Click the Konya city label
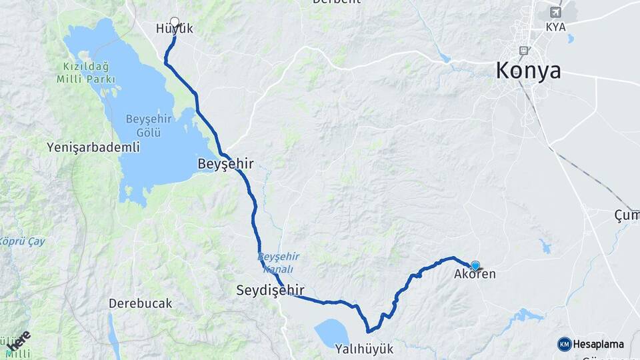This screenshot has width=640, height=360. pos(527,71)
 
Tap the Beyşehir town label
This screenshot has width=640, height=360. pos(225,163)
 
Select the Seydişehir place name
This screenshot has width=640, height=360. pos(270,290)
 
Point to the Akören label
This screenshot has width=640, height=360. pos(475,274)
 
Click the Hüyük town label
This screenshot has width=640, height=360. pos(174,29)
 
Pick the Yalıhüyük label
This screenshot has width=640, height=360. pos(364,349)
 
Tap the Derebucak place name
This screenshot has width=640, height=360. pos(141,303)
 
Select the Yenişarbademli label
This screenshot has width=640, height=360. pos(93,147)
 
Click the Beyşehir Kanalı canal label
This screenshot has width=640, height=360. pos(278,263)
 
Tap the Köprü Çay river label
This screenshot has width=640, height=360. pos(23,241)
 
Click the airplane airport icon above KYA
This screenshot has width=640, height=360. pos(555,12)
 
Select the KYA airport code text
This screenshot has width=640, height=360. pos(555,27)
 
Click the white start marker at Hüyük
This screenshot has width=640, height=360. pos(175,21)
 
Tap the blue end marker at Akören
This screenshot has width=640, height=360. pos(475,265)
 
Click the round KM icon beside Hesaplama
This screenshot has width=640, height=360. pos(564,344)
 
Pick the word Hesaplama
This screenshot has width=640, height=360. pos(598,344)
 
